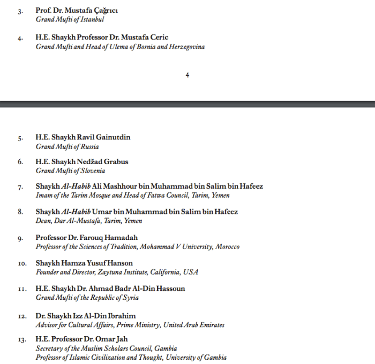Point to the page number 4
pos(187,75)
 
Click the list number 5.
pos(20,138)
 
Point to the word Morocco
pos(227,247)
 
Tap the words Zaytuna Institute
pos(123,272)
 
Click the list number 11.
pos(21,289)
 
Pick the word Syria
pos(130,298)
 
